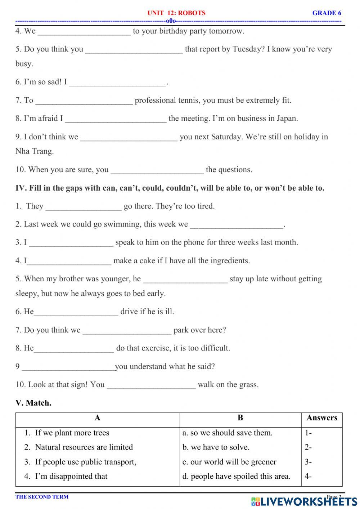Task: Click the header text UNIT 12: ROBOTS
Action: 176,13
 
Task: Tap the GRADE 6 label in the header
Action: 327,13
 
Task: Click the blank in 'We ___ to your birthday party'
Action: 84,32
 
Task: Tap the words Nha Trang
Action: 35,151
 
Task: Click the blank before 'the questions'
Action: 157,170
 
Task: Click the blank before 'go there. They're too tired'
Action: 84,207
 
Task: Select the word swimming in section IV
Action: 121,224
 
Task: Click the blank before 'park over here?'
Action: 127,331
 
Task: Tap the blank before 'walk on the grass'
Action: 151,385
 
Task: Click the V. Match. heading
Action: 33,403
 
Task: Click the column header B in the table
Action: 240,418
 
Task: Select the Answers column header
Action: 322,418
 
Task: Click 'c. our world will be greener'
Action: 229,462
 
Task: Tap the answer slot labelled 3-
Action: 309,462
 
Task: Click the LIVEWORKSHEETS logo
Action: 304,501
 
